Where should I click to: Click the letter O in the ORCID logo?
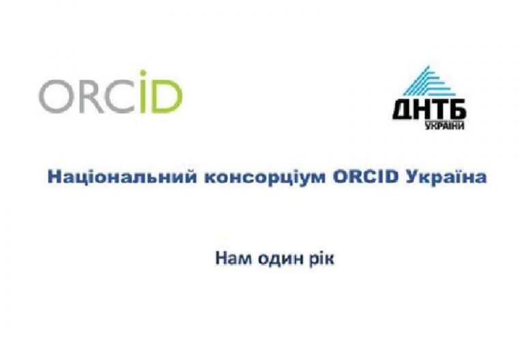point(55,96)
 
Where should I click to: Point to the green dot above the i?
point(143,73)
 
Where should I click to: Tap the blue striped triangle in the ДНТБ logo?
point(428,81)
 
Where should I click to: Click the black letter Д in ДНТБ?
point(403,110)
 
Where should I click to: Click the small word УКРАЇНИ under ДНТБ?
point(445,125)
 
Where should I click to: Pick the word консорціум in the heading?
point(265,177)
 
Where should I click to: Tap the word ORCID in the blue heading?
point(366,177)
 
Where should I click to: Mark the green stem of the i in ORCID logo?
point(143,96)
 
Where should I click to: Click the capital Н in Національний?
point(55,177)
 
